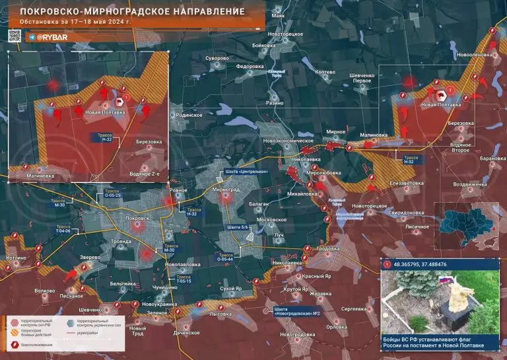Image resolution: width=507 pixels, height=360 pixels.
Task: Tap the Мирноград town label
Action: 226,189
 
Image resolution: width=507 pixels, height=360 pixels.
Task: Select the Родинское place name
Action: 189,115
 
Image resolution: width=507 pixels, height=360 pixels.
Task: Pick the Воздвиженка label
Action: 465,185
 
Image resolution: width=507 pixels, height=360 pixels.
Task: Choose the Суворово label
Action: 217,58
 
